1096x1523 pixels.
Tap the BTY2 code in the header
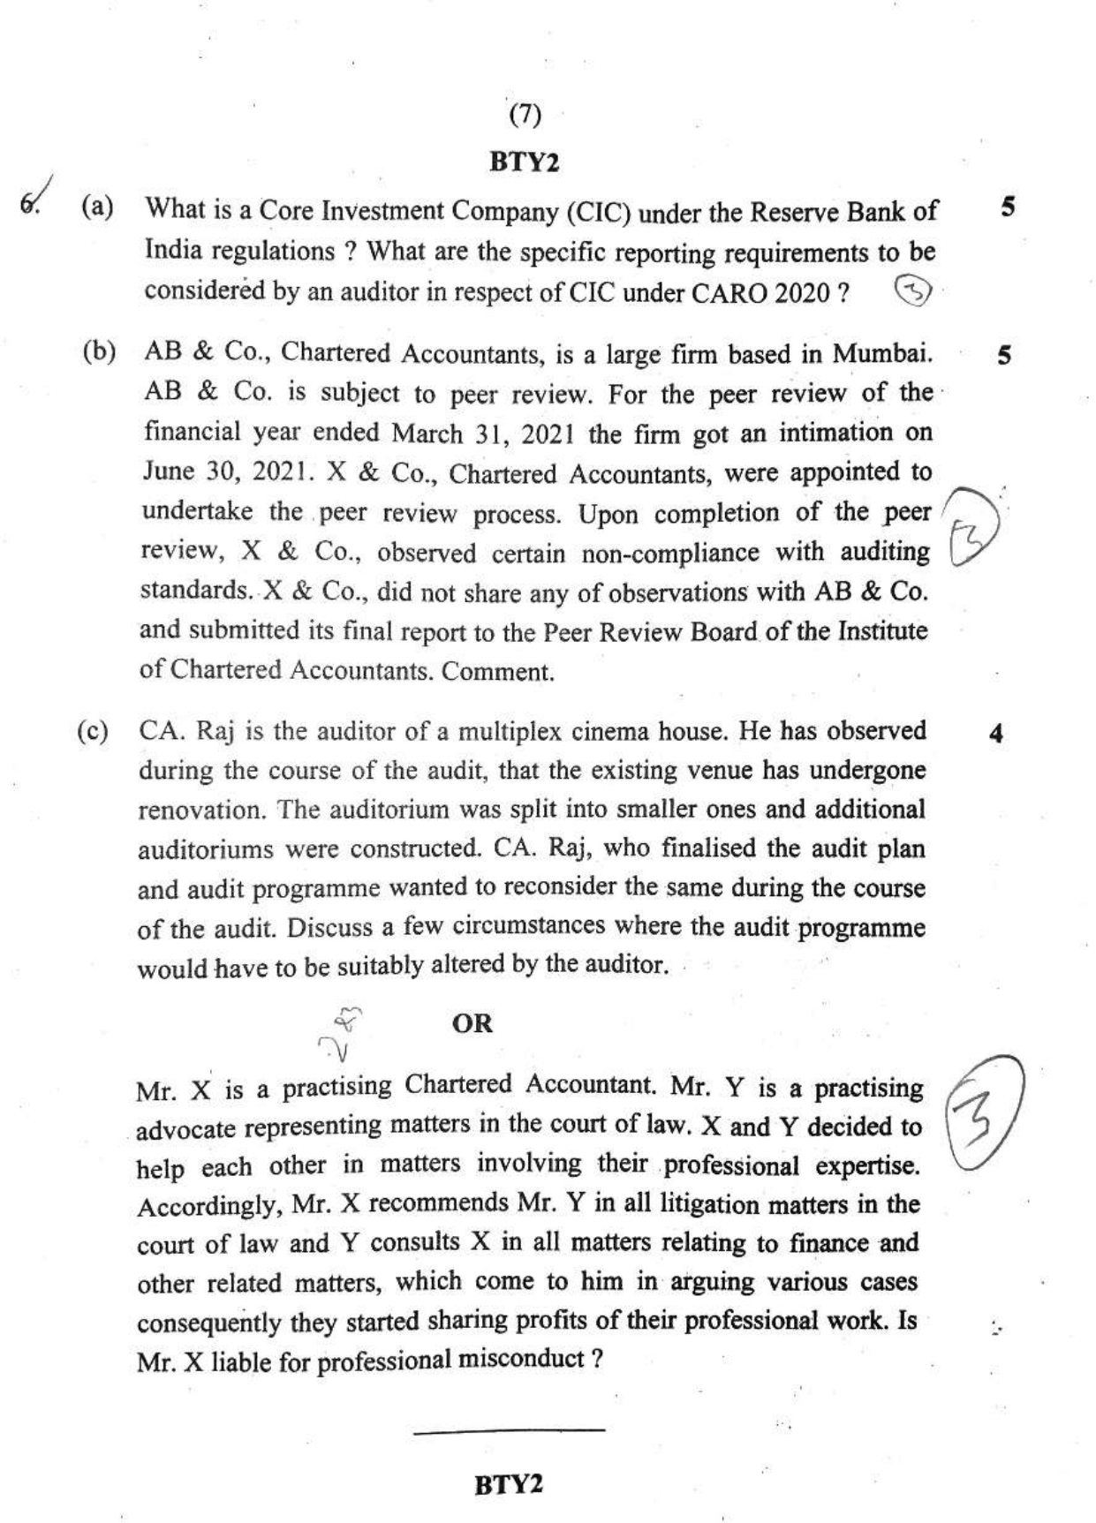(x=525, y=162)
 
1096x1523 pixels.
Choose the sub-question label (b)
(x=99, y=351)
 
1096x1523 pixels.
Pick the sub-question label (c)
(x=93, y=731)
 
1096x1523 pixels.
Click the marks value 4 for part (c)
(x=997, y=734)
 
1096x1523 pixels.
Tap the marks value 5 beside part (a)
(x=1007, y=207)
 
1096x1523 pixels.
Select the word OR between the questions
(x=472, y=1023)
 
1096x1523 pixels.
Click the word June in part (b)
(x=168, y=471)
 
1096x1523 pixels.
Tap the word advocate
(x=185, y=1128)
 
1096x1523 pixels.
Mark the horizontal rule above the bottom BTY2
(x=509, y=1429)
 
